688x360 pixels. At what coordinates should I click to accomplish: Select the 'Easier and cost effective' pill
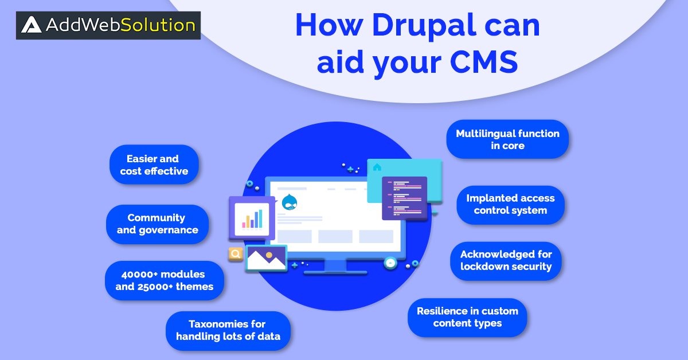154,165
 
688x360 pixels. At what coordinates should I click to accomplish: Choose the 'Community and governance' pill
157,224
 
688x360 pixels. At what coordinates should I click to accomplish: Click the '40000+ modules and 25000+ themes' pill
164,280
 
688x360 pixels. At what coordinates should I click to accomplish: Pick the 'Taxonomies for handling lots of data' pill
228,330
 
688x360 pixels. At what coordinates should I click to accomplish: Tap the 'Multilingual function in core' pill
507,139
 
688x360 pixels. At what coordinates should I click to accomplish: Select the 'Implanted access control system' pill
510,204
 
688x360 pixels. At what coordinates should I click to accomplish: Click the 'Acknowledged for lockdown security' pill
506,260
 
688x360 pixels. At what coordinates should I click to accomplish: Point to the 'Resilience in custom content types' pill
467,317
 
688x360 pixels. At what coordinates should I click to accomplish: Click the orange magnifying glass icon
235,254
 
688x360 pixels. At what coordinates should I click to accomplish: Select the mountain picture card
266,259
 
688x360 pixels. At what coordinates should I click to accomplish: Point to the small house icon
377,167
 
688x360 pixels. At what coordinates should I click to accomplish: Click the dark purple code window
404,198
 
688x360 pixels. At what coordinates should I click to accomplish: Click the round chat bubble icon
390,263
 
